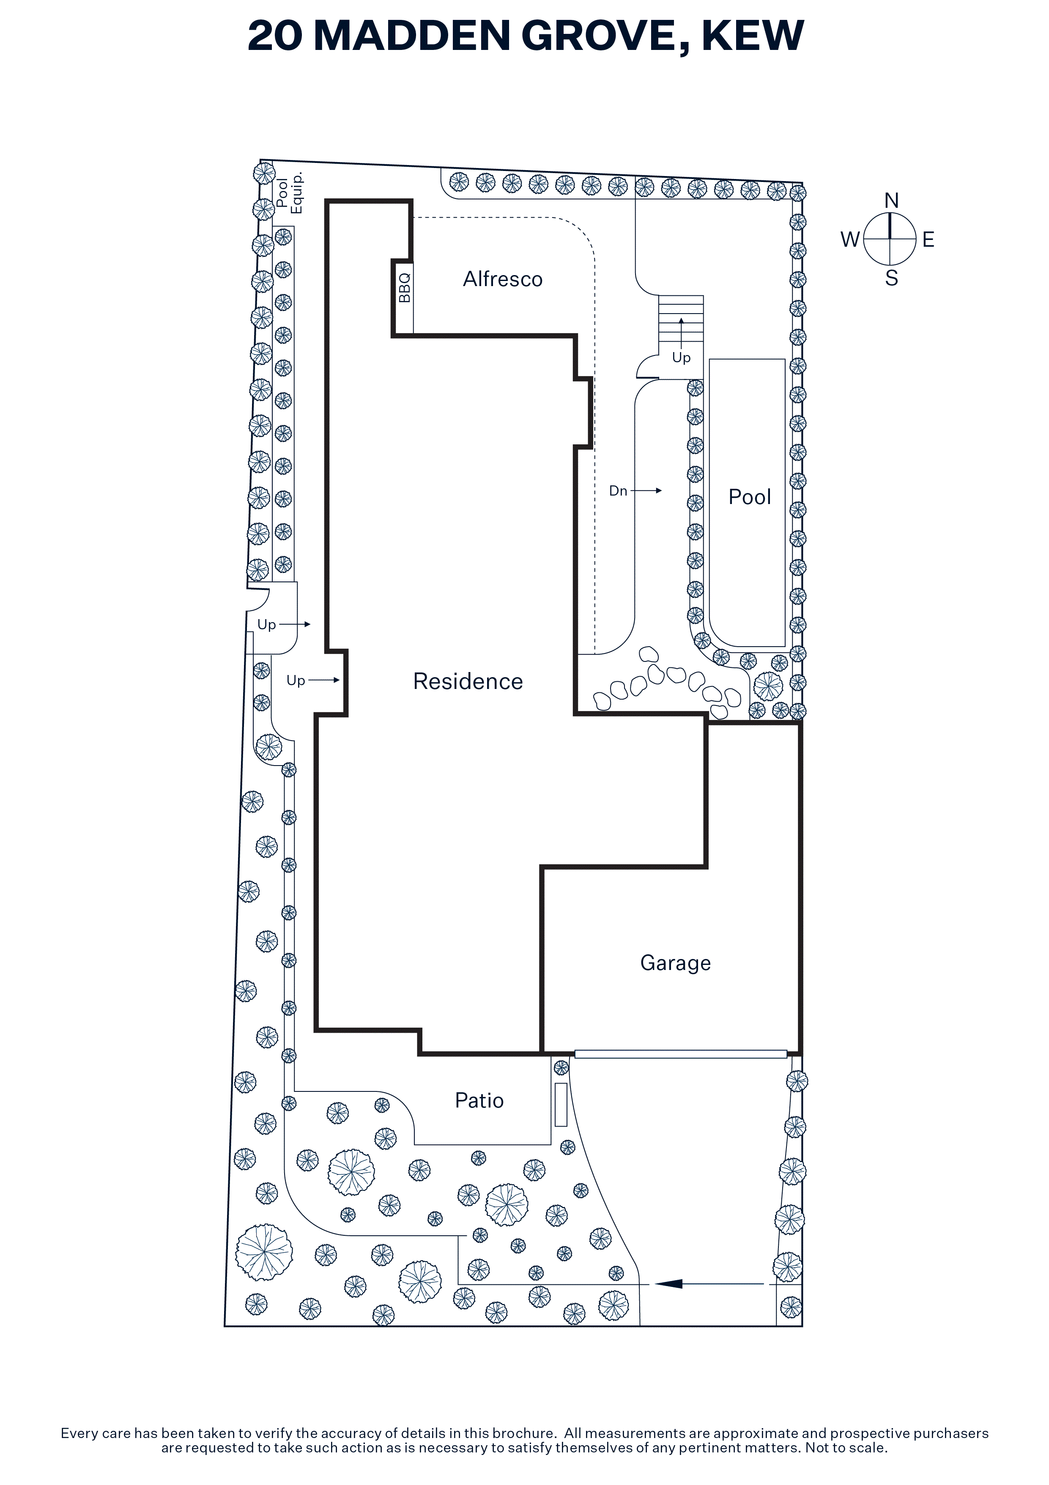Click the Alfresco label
tap(503, 279)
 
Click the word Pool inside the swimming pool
tap(750, 497)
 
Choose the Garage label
tap(675, 963)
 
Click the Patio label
tap(479, 1100)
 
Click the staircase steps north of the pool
tap(681, 318)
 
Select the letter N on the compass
tap(891, 201)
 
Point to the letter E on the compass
tap(928, 240)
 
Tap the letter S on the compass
tap(891, 278)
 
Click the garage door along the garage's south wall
tap(681, 1054)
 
